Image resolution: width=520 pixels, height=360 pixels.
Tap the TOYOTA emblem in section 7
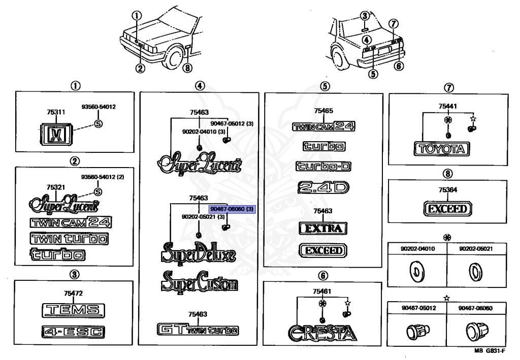[441, 149]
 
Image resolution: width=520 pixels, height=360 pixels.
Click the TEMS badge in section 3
[73, 310]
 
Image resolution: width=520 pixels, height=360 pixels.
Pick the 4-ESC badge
[74, 332]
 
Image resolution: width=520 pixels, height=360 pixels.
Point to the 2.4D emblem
[323, 188]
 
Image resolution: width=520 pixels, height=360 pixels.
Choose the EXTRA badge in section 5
[323, 228]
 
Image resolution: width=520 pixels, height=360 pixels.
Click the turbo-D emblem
[323, 167]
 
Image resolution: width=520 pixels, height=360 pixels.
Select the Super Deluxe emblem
[199, 252]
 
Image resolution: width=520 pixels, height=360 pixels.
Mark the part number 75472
[74, 293]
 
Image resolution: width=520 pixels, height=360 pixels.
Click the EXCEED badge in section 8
[447, 209]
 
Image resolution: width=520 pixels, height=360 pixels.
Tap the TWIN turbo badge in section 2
[70, 238]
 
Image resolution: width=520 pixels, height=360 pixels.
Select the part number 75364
[447, 189]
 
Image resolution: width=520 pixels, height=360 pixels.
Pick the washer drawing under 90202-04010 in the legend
[418, 273]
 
